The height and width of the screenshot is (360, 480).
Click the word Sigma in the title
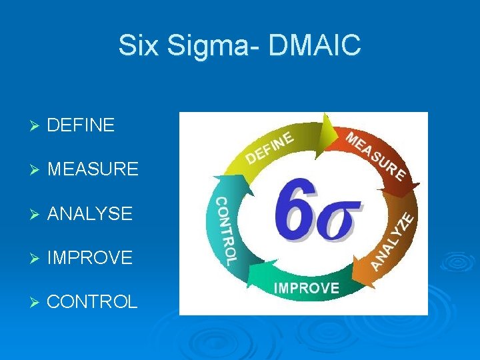pos(200,46)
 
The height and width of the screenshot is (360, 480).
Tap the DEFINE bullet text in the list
pos(81,125)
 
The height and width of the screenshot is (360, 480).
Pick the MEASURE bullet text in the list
pos(93,169)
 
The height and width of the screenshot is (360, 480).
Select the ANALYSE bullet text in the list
pos(90,213)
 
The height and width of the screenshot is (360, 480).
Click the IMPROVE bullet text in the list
pos(90,257)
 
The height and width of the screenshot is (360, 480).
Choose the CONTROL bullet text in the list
pos(92,301)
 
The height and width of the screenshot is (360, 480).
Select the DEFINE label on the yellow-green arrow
pos(270,147)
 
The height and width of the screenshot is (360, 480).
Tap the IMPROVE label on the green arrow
pos(307,288)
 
